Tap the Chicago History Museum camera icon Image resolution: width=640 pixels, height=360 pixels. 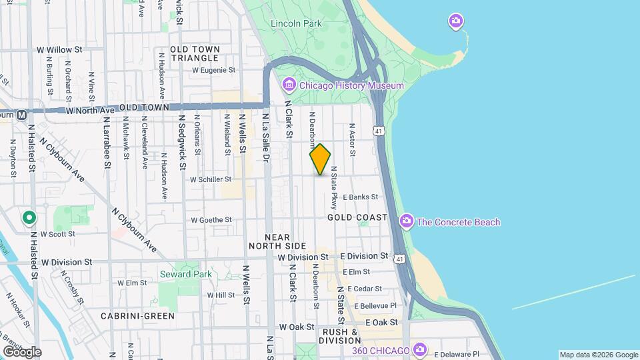289,85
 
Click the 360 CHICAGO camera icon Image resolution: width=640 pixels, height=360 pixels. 419,349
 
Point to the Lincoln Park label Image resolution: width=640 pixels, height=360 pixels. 296,24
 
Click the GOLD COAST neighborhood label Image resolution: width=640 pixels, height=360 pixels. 357,217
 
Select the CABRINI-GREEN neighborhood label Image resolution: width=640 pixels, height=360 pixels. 137,316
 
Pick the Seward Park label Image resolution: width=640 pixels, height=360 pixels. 180,274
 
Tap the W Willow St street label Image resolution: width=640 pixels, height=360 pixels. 59,49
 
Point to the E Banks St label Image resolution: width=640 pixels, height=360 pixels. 360,197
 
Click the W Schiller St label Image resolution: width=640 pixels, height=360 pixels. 211,179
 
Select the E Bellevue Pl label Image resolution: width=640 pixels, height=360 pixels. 375,305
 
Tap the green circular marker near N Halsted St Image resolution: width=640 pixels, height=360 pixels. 29,217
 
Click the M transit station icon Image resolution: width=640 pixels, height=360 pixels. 22,115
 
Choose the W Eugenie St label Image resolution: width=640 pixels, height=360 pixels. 213,69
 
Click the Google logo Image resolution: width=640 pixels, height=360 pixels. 22,351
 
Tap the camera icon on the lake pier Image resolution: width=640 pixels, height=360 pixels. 455,22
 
